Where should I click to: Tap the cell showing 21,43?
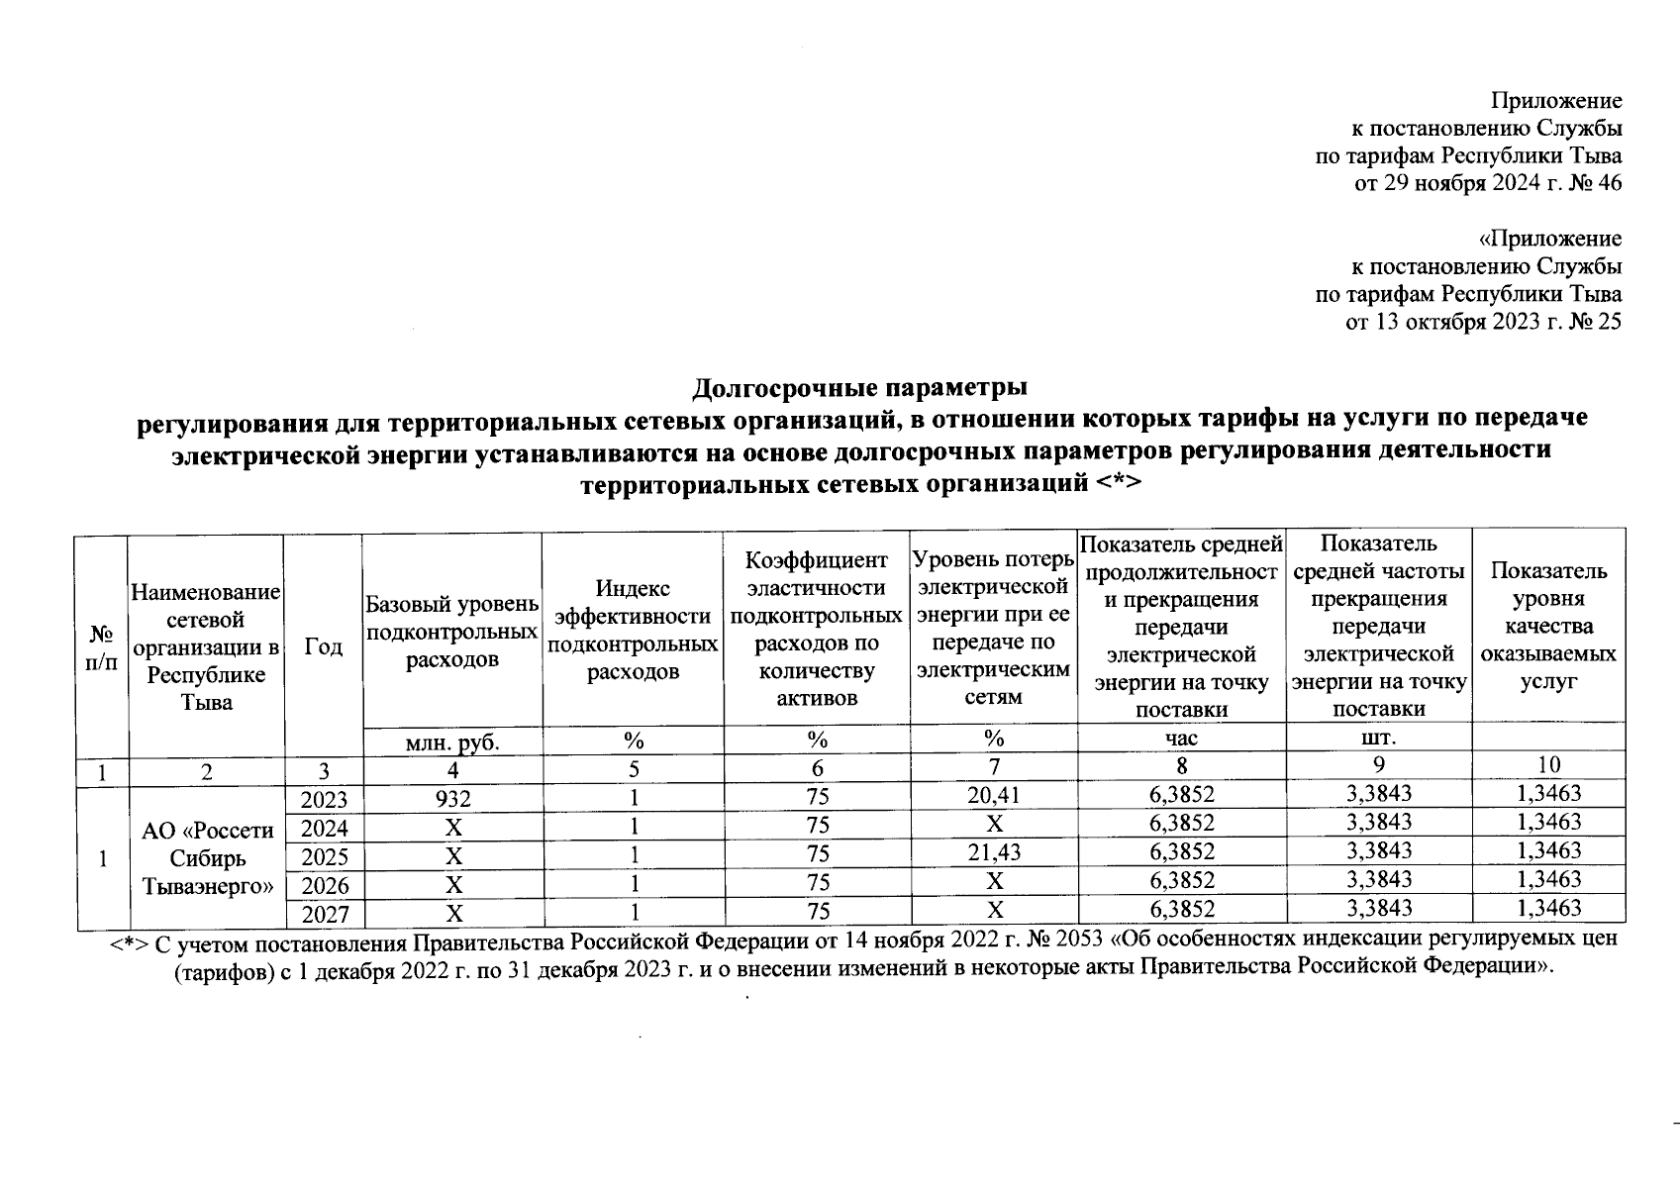994,852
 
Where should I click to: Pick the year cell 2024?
324,828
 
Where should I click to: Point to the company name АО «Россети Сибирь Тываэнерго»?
207,858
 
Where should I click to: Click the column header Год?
324,646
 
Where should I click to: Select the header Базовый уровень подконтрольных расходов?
452,631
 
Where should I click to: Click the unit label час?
1181,739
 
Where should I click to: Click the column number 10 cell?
1549,763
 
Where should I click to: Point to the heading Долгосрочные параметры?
859,386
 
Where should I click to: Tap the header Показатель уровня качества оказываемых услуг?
1549,626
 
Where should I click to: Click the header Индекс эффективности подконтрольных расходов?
633,631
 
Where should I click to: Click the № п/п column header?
102,646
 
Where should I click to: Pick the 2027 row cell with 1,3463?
1549,908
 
